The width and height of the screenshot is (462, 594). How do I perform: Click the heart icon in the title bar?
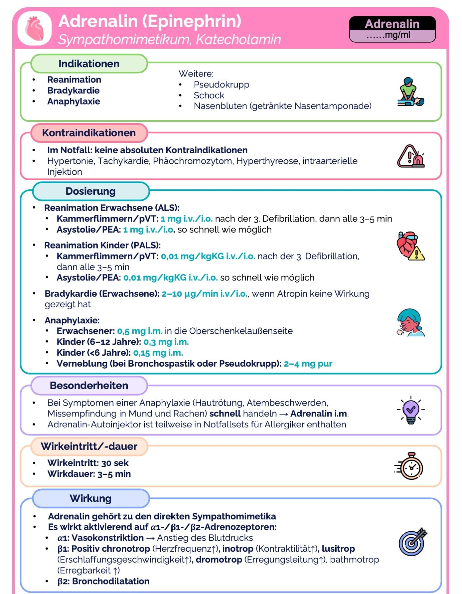pyautogui.click(x=35, y=29)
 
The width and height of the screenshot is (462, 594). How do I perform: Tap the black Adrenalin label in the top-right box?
pyautogui.click(x=392, y=24)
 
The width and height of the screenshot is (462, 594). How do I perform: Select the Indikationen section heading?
pyautogui.click(x=89, y=64)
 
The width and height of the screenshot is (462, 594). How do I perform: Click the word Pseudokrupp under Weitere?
pyautogui.click(x=221, y=84)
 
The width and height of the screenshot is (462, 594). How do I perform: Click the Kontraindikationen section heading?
pyautogui.click(x=89, y=133)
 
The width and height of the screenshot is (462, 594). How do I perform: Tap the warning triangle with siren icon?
pyautogui.click(x=411, y=156)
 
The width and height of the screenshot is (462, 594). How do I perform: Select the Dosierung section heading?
pyautogui.click(x=90, y=191)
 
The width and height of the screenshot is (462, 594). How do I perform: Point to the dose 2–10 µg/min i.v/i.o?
pyautogui.click(x=205, y=294)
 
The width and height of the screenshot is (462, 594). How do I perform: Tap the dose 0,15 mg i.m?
pyautogui.click(x=158, y=353)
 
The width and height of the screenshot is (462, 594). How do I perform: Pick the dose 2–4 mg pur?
pyautogui.click(x=308, y=364)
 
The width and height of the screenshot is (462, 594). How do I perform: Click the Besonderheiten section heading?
pyautogui.click(x=89, y=385)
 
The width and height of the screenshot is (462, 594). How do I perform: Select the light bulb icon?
pyautogui.click(x=411, y=410)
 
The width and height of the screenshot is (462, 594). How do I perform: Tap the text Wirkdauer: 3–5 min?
pyautogui.click(x=89, y=474)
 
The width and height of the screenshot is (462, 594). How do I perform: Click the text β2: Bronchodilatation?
pyautogui.click(x=103, y=581)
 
